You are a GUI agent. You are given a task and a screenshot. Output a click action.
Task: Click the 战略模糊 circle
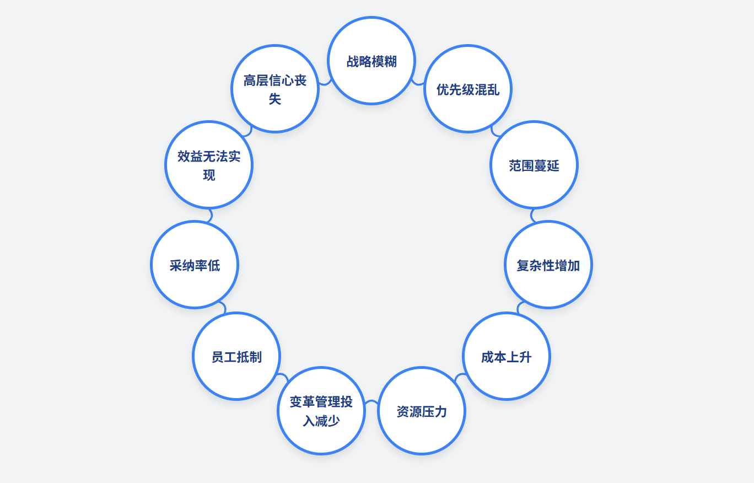371,61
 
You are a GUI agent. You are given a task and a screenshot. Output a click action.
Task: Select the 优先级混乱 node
468,89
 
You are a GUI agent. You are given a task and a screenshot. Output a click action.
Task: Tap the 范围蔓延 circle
534,165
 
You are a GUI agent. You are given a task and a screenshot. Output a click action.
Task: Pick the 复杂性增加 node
548,265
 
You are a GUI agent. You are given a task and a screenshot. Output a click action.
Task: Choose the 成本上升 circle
507,356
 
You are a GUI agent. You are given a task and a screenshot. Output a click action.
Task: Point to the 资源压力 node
422,411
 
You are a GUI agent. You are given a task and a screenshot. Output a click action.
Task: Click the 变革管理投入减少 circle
321,411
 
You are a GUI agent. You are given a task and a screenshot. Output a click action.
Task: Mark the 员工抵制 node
236,356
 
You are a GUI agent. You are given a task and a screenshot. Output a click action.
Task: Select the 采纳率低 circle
195,265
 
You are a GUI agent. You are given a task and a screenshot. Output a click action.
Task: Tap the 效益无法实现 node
209,165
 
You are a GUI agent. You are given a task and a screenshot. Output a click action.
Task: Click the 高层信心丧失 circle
275,89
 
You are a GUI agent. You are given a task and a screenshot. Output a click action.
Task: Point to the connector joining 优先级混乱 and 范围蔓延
496,131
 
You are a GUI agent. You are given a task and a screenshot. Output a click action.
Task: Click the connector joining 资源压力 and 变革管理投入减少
371,405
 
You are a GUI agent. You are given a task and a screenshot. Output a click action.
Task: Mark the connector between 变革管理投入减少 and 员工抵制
282,378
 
